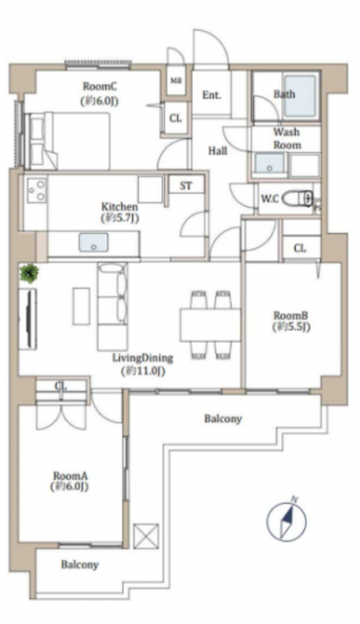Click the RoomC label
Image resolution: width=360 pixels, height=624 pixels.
pyautogui.click(x=100, y=86)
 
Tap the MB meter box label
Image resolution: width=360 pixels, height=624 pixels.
pyautogui.click(x=175, y=81)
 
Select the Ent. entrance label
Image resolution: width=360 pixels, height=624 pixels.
pyautogui.click(x=212, y=95)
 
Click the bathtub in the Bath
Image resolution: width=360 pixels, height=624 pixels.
pyautogui.click(x=300, y=96)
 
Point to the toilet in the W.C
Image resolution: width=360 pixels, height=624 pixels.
pyautogui.click(x=298, y=199)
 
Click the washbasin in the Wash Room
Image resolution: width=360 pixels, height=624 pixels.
pyautogui.click(x=269, y=163)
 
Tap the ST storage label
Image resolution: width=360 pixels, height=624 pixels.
pyautogui.click(x=185, y=186)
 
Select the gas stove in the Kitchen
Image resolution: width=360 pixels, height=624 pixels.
pyautogui.click(x=37, y=191)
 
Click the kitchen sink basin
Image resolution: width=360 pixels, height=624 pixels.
pyautogui.click(x=93, y=243)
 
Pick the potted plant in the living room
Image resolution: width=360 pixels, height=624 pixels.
pyautogui.click(x=30, y=274)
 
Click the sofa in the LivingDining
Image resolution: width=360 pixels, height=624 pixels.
pyautogui.click(x=112, y=306)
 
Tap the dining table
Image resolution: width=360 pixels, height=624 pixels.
pyautogui.click(x=210, y=324)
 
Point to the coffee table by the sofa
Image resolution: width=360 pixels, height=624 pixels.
pyautogui.click(x=81, y=305)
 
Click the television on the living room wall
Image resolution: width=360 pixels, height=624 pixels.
pyautogui.click(x=28, y=319)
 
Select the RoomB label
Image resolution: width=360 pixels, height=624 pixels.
pyautogui.click(x=291, y=321)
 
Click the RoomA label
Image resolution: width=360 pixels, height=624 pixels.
pyautogui.click(x=71, y=481)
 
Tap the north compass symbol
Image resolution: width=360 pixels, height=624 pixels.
pyautogui.click(x=286, y=520)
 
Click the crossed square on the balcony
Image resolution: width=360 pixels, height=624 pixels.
pyautogui.click(x=146, y=537)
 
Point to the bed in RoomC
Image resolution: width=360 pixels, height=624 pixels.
pyautogui.click(x=67, y=141)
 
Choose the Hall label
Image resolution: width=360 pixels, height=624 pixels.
pyautogui.click(x=218, y=151)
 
